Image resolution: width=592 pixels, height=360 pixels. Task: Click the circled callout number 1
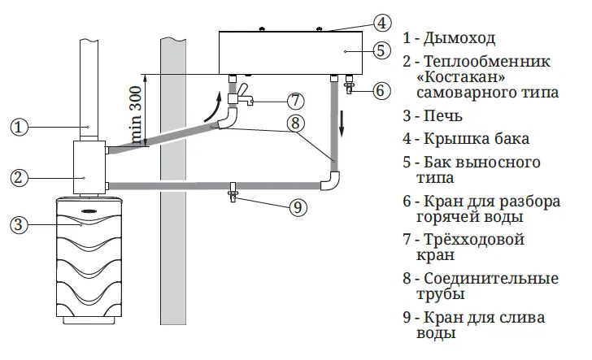(x=19, y=127)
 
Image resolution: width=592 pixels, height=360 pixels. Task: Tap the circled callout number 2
(x=19, y=177)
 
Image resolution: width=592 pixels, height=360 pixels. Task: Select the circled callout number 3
(x=19, y=225)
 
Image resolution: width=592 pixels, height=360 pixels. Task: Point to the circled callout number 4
(x=382, y=23)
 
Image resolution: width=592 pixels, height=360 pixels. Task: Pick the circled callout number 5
(x=381, y=50)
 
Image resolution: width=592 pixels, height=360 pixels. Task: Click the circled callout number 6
(x=381, y=90)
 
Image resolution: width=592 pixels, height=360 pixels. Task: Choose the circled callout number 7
(x=295, y=101)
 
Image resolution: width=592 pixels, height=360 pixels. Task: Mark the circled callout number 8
(x=295, y=123)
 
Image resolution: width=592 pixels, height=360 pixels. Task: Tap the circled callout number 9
(x=298, y=207)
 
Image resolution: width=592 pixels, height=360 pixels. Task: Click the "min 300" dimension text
(x=135, y=115)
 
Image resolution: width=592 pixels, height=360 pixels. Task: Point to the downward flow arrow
(x=342, y=124)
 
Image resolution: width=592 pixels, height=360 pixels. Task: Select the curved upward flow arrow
(x=212, y=107)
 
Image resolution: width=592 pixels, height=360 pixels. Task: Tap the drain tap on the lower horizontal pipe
(x=233, y=192)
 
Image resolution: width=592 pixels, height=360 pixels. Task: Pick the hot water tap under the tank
(x=350, y=85)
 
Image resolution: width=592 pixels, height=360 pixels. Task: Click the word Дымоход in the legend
(x=459, y=38)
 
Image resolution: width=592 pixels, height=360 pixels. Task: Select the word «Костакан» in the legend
(x=460, y=76)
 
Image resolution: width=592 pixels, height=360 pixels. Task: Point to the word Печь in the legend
(x=442, y=116)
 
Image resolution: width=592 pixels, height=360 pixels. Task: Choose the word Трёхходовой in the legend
(x=474, y=240)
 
